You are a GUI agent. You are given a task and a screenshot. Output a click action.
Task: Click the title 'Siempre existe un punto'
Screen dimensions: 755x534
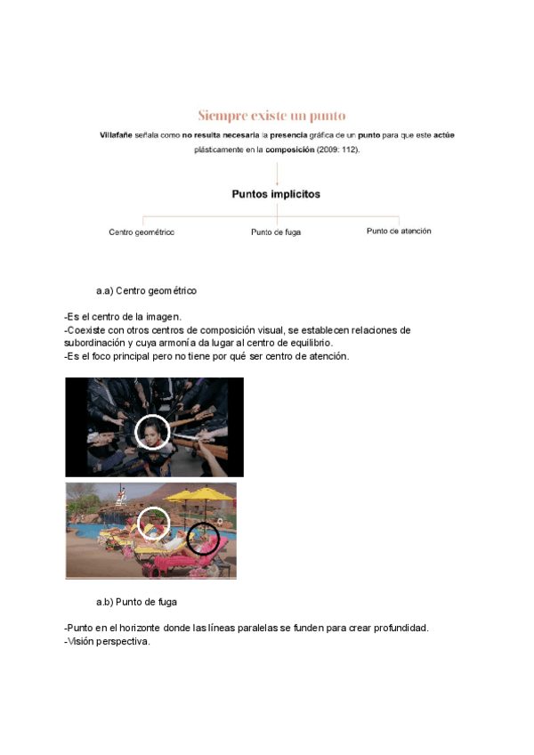[x=271, y=116]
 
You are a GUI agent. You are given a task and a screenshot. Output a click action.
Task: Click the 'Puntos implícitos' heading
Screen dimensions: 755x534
[x=276, y=193]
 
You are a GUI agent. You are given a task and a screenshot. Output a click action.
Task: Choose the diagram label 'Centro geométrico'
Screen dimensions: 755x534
[x=142, y=231]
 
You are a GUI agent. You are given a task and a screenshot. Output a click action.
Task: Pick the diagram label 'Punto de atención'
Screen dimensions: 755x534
[x=399, y=231]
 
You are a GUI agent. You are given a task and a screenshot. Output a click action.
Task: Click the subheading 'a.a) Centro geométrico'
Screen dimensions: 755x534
[x=147, y=291]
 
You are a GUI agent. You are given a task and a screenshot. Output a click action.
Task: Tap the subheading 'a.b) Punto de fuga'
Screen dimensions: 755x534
[x=136, y=602]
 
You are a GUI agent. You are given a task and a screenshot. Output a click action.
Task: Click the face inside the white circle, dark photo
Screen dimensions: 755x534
[x=152, y=434]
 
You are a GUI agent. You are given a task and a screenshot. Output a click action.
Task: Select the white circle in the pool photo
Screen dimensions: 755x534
[x=154, y=524]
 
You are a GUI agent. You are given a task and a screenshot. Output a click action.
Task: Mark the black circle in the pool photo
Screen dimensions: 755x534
[x=204, y=538]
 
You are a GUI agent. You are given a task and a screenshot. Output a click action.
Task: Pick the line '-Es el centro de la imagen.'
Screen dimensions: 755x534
[x=123, y=317]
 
